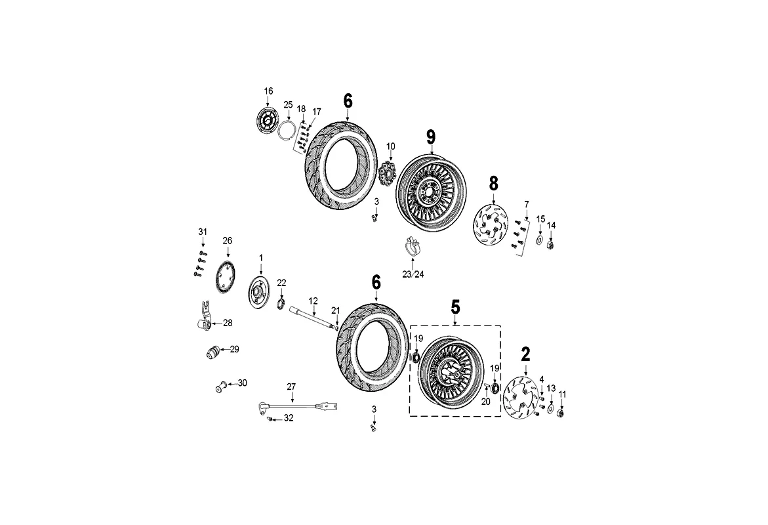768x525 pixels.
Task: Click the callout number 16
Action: [268, 91]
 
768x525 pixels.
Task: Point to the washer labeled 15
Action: [540, 241]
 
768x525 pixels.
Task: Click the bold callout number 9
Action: [431, 136]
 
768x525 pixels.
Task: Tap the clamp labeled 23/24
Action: [413, 249]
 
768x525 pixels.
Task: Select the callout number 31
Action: [202, 232]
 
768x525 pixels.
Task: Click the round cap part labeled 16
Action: [268, 122]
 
